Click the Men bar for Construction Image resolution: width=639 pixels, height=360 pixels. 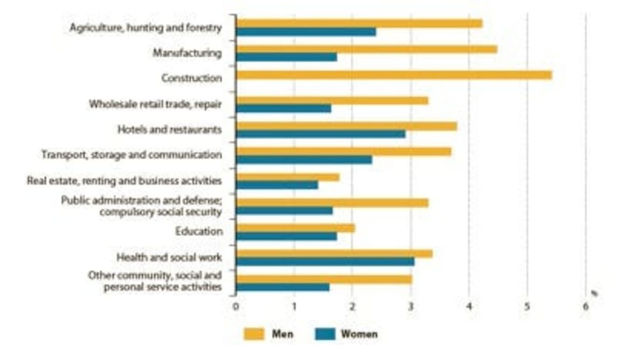[x=394, y=75]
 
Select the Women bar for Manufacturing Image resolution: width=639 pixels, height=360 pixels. [x=286, y=57]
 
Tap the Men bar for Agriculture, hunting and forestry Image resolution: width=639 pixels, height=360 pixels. [x=359, y=24]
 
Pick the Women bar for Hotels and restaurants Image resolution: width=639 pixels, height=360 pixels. [x=321, y=134]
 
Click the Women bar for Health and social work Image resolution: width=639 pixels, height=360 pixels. [x=325, y=261]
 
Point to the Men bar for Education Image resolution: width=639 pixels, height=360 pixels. [x=296, y=228]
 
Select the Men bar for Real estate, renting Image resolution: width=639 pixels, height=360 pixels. [x=287, y=177]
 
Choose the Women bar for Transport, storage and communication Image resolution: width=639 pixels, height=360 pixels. [x=304, y=160]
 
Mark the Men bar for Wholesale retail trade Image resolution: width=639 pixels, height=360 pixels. [x=332, y=100]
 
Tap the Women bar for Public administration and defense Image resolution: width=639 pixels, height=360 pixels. [x=284, y=211]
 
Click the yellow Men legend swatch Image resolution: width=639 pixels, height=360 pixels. [x=254, y=334]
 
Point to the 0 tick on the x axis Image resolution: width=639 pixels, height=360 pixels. [x=236, y=307]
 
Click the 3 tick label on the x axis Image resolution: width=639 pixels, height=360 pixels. [x=411, y=307]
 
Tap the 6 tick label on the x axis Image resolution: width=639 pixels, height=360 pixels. [x=586, y=307]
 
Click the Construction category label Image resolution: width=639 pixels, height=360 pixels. [x=191, y=79]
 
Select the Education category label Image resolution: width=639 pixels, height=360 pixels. [x=198, y=232]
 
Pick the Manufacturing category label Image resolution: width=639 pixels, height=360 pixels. [x=187, y=53]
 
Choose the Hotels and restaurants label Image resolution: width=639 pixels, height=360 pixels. [x=169, y=130]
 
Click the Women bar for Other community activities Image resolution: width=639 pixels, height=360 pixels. [x=283, y=287]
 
